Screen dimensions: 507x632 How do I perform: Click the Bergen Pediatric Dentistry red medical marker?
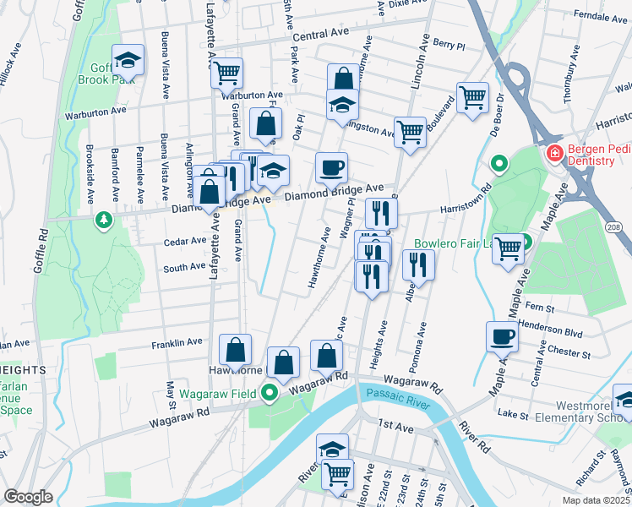[555, 154]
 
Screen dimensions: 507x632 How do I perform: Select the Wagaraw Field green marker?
[270, 393]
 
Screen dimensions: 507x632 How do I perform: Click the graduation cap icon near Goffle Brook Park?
[128, 59]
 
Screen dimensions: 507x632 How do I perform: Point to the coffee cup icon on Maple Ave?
[502, 337]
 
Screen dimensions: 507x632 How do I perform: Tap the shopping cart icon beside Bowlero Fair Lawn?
[509, 248]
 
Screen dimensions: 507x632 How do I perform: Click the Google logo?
[27, 496]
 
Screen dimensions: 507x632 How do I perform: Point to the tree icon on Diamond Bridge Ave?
[104, 220]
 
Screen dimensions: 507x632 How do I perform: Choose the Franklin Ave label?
[177, 343]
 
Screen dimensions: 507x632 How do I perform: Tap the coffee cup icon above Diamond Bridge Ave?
[331, 166]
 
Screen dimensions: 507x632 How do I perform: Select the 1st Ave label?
[395, 429]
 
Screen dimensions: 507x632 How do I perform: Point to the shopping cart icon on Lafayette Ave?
[226, 74]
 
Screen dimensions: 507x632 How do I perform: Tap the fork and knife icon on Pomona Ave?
[419, 264]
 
